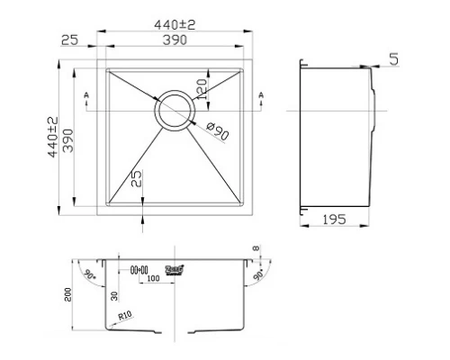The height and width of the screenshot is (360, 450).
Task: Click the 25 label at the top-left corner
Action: click(68, 40)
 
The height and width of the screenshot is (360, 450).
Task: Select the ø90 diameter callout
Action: click(216, 130)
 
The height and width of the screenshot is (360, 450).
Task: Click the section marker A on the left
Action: click(85, 94)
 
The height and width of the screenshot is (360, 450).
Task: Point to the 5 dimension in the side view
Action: click(394, 59)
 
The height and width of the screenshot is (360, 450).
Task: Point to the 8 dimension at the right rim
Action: click(256, 249)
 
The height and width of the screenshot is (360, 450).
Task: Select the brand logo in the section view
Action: click(175, 269)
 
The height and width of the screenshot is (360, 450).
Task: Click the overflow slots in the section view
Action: click(140, 268)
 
